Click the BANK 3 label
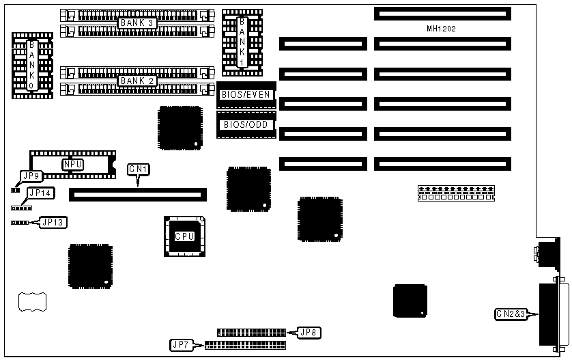[x=138, y=23]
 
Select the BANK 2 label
[x=138, y=81]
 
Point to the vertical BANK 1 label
[x=242, y=41]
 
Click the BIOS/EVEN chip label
[x=246, y=95]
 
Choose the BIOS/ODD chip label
[x=246, y=124]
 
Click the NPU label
[x=72, y=164]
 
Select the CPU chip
[x=184, y=236]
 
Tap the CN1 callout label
[x=139, y=169]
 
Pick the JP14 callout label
[x=41, y=193]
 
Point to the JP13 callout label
[x=53, y=221]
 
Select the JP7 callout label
[x=182, y=345]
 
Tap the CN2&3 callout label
[x=511, y=314]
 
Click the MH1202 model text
[x=440, y=29]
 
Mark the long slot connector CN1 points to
[x=137, y=194]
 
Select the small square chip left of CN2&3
[x=410, y=301]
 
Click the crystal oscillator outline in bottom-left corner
[x=32, y=303]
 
